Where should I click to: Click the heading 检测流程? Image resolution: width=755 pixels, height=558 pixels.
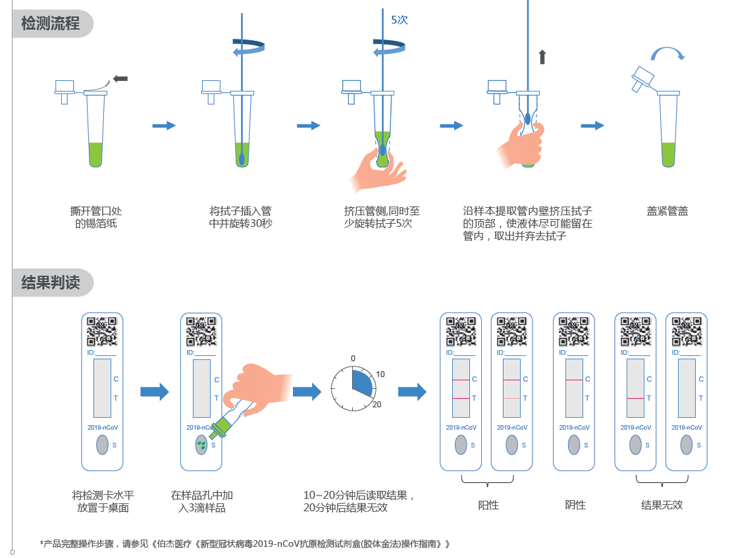(x=51, y=24)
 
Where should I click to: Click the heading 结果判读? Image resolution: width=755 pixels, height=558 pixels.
(x=51, y=283)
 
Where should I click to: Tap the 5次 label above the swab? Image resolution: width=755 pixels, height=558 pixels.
(x=400, y=20)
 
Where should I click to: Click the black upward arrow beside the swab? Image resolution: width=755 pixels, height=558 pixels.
(x=542, y=57)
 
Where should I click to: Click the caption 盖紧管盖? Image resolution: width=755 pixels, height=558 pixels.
(x=667, y=211)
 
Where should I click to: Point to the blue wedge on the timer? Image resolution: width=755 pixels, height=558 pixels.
(x=362, y=380)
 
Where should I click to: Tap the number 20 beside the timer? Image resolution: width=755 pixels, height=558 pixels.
(x=377, y=404)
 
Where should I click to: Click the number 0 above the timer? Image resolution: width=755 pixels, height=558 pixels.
(x=353, y=359)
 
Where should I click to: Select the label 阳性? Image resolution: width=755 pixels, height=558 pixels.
(x=488, y=505)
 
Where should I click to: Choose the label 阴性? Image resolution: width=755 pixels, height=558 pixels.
(x=575, y=505)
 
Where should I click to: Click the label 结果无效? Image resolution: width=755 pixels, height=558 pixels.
(x=662, y=505)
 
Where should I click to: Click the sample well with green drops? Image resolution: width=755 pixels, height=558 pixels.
(x=201, y=445)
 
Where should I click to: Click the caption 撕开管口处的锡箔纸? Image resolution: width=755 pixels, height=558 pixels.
(x=96, y=217)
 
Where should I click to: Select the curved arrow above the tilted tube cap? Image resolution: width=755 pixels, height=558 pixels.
(x=668, y=54)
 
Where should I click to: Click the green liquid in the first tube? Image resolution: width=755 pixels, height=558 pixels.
(x=96, y=154)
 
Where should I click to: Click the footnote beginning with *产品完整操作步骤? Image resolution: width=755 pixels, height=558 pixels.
(x=245, y=544)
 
